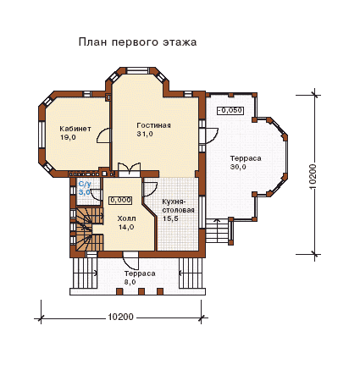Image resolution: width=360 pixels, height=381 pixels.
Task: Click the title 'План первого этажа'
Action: pyautogui.click(x=137, y=42)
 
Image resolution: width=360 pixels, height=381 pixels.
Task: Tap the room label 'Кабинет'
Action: pyautogui.click(x=75, y=129)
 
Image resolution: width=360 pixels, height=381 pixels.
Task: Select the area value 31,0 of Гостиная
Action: pyautogui.click(x=145, y=134)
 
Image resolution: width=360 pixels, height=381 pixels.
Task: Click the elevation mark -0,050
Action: pyautogui.click(x=230, y=110)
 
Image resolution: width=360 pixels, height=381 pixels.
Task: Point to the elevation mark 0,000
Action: pyautogui.click(x=120, y=201)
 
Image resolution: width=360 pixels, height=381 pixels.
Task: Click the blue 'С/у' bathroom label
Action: pyautogui.click(x=85, y=185)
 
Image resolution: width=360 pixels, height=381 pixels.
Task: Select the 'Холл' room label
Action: pyautogui.click(x=126, y=218)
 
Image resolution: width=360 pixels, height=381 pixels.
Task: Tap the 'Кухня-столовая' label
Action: pyautogui.click(x=178, y=206)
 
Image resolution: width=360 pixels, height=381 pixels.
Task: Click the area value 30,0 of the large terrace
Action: pyautogui.click(x=238, y=167)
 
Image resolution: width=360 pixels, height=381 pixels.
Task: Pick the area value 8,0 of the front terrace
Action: pyautogui.click(x=130, y=282)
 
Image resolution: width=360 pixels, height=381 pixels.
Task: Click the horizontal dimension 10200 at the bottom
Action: pyautogui.click(x=120, y=317)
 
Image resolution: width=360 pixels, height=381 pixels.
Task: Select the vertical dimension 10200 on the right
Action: pyautogui.click(x=313, y=176)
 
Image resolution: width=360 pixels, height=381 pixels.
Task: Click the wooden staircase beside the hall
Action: pyautogui.click(x=86, y=229)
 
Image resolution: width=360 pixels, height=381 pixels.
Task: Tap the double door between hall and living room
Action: pyautogui.click(x=129, y=169)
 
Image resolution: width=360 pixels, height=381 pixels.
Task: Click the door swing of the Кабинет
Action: pyautogui.click(x=103, y=135)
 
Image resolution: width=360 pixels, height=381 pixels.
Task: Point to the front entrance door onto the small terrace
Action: pyautogui.click(x=130, y=260)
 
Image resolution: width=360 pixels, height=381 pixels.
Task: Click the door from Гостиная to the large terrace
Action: pyautogui.click(x=211, y=135)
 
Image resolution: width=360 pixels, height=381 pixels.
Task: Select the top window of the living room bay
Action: pyautogui.click(x=137, y=70)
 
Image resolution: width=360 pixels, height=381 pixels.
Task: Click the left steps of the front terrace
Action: pyautogui.click(x=85, y=273)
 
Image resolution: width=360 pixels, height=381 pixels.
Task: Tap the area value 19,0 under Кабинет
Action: pyautogui.click(x=68, y=137)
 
